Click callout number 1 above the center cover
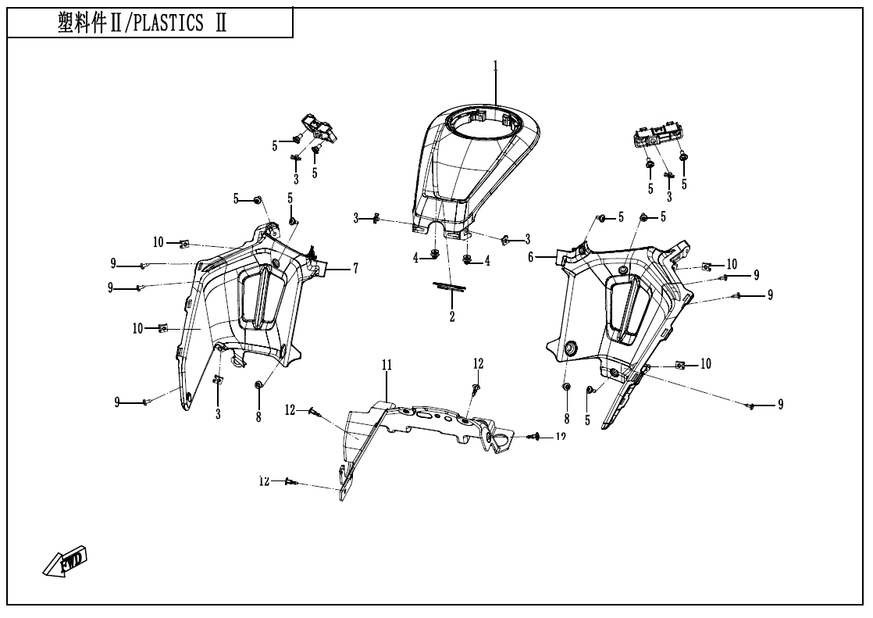(495, 65)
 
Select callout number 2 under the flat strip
(451, 316)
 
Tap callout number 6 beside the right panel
(530, 256)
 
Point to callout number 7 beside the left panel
(355, 269)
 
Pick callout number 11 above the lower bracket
(386, 365)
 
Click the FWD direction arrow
(66, 560)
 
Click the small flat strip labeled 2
(450, 287)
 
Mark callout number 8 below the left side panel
(258, 416)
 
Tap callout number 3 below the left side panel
(218, 415)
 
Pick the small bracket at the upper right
(657, 138)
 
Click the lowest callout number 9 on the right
(780, 404)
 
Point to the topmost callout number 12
(478, 363)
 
